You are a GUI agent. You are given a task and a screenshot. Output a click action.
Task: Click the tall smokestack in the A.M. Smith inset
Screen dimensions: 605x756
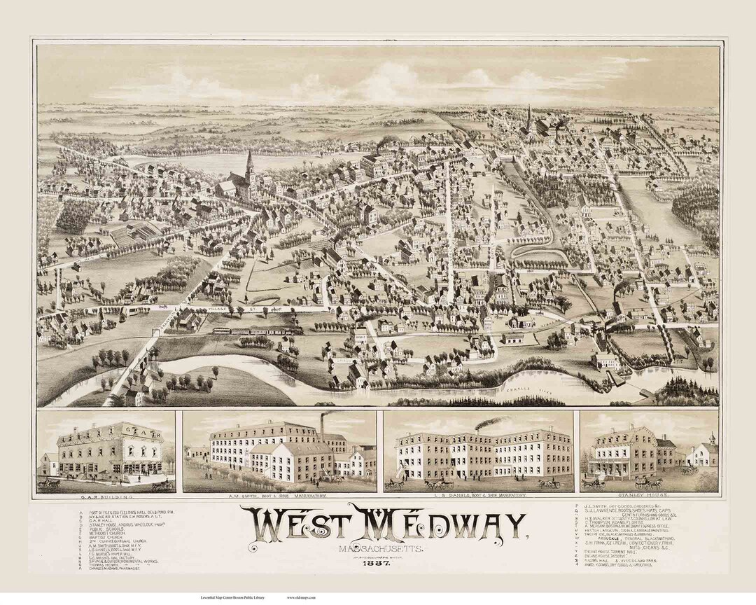(323, 424)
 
